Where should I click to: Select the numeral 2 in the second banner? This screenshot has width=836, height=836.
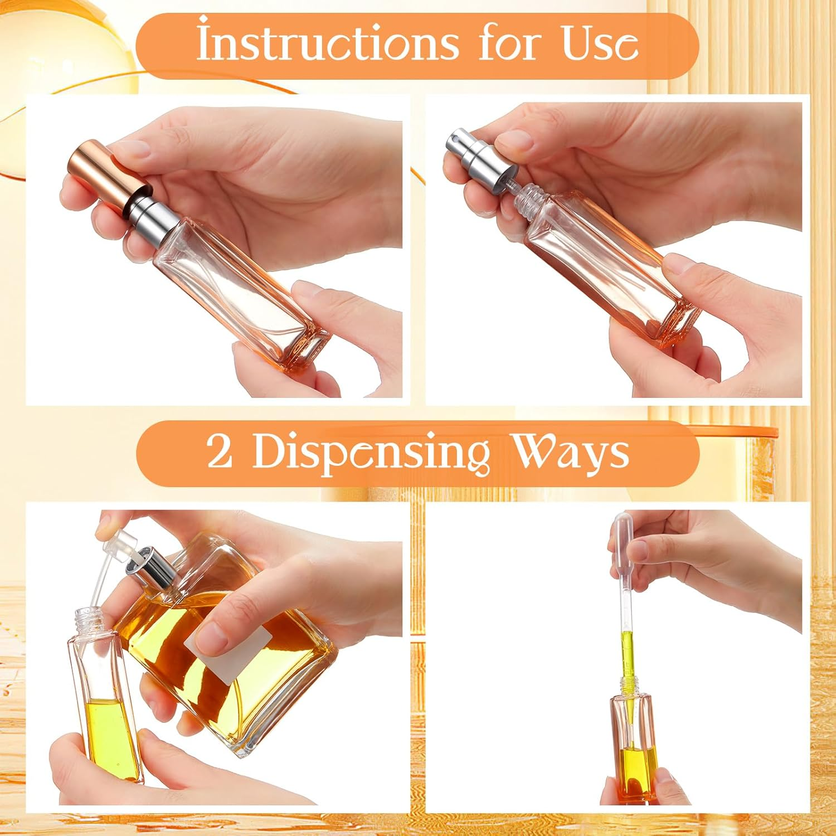click(x=220, y=453)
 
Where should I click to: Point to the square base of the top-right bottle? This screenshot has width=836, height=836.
click(x=674, y=323)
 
